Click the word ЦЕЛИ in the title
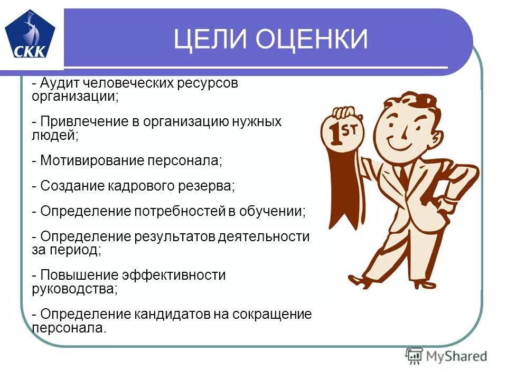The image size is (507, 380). (211, 40)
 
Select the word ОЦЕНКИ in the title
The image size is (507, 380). (312, 40)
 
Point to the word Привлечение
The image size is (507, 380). (82, 122)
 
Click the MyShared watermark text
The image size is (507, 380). (457, 356)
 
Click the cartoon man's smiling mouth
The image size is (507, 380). (399, 143)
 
